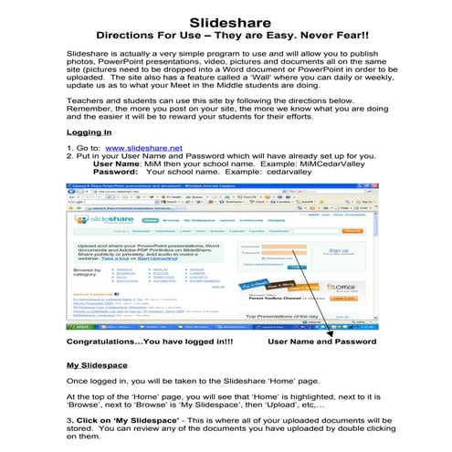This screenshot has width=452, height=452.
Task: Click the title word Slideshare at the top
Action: point(226,21)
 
